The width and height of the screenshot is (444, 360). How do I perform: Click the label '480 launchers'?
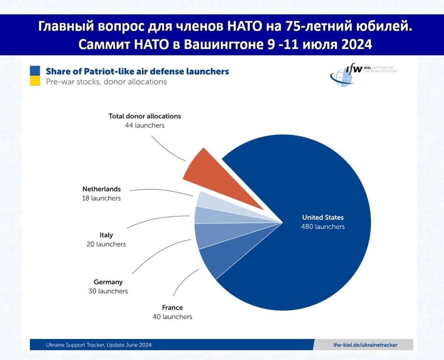click(x=323, y=227)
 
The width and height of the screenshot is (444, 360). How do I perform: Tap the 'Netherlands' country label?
click(x=102, y=189)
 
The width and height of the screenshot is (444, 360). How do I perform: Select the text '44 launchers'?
click(x=145, y=126)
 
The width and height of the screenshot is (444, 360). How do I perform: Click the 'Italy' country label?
click(x=106, y=235)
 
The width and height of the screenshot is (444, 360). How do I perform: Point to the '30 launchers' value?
click(x=108, y=291)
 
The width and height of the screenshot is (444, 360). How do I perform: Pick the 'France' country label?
click(x=172, y=308)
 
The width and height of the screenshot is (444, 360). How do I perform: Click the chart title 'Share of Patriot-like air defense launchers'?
click(x=137, y=72)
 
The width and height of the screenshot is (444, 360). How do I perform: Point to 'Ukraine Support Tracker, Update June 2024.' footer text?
click(x=99, y=345)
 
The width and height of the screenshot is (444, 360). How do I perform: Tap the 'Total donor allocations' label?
click(x=145, y=116)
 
